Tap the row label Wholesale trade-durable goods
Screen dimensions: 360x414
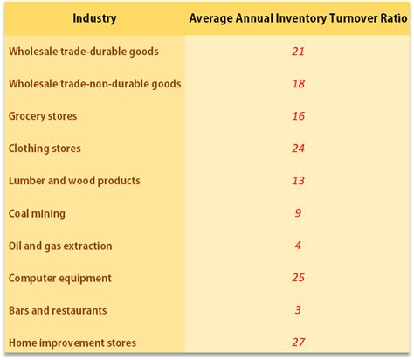pos(83,52)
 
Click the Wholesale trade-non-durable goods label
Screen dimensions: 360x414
pos(94,84)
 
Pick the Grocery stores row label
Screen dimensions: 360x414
pos(43,116)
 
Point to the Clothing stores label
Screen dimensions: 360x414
pos(45,149)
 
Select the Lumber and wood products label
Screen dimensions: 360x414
pos(74,181)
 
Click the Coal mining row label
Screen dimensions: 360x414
pos(37,213)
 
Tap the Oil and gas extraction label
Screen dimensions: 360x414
pos(60,246)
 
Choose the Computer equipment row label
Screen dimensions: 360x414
pos(60,278)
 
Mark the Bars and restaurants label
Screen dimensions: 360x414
pos(58,310)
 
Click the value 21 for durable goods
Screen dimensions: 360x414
pos(298,52)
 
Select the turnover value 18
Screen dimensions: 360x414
pos(298,84)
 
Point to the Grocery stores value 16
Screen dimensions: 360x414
pos(298,116)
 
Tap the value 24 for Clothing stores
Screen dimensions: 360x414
pos(298,149)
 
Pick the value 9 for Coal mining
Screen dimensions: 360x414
pos(298,213)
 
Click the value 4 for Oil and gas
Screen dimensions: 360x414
pos(298,246)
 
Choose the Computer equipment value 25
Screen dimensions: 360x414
pos(298,278)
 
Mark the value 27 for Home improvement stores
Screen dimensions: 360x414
pos(298,343)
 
